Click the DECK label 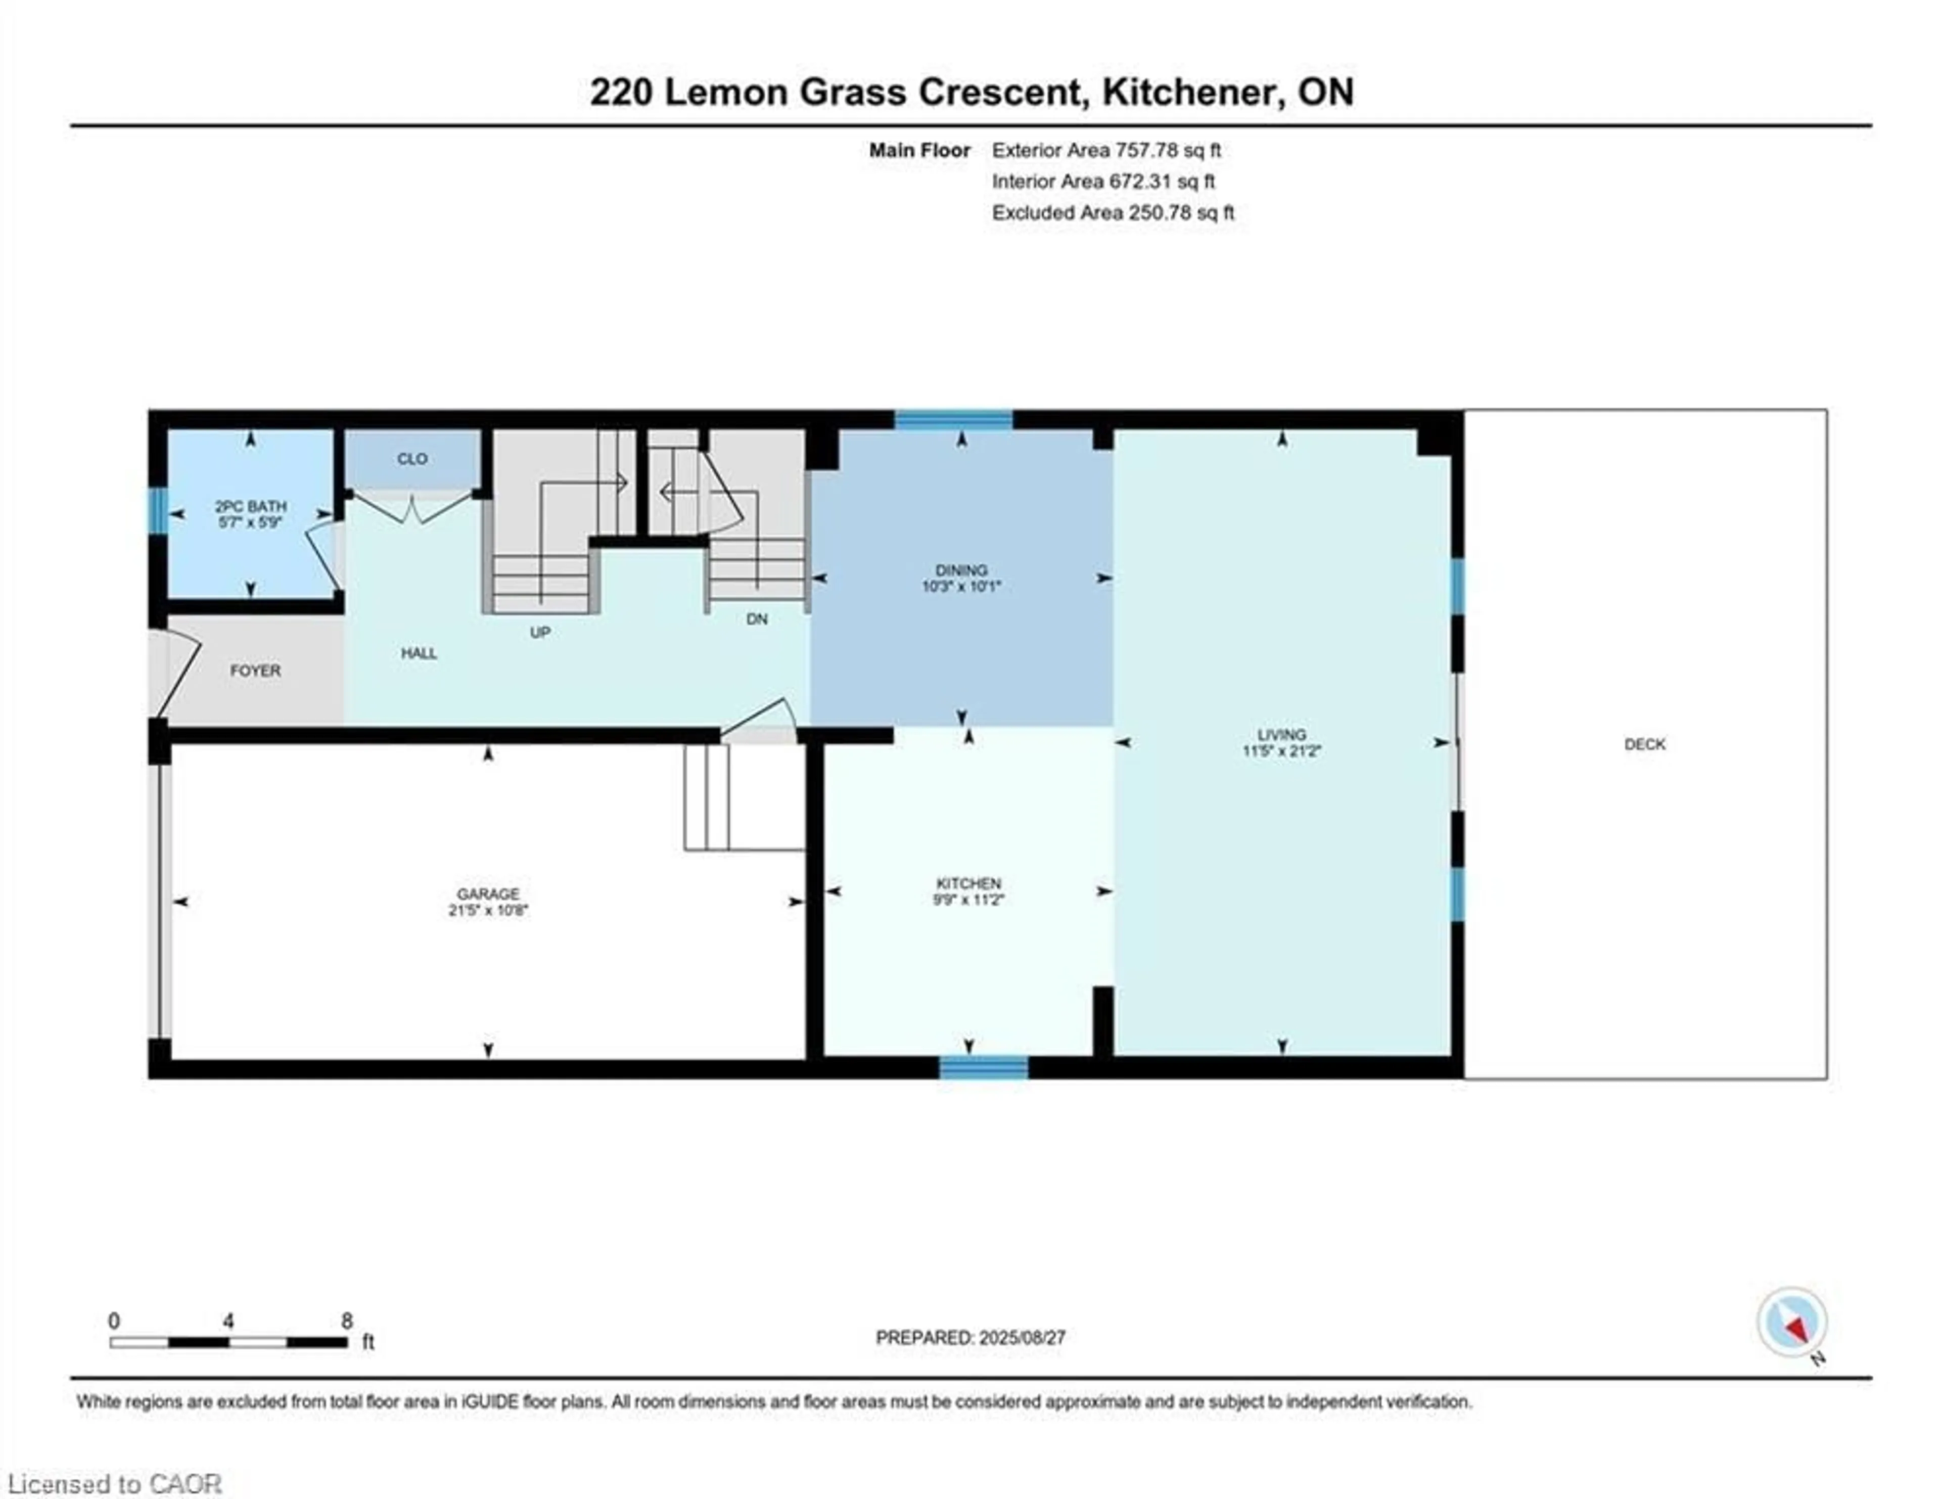[1644, 744]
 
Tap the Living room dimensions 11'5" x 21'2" [1281, 751]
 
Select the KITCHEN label [968, 883]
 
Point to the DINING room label [961, 570]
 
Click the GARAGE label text [488, 894]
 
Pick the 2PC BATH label [251, 506]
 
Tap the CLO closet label [412, 459]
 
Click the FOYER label [255, 671]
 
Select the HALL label [419, 652]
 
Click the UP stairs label [539, 632]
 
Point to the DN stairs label [756, 619]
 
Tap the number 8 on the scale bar [347, 1320]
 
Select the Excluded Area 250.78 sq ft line [1113, 212]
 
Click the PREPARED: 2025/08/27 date [970, 1337]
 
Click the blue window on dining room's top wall [953, 420]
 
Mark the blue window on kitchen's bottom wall [984, 1067]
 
